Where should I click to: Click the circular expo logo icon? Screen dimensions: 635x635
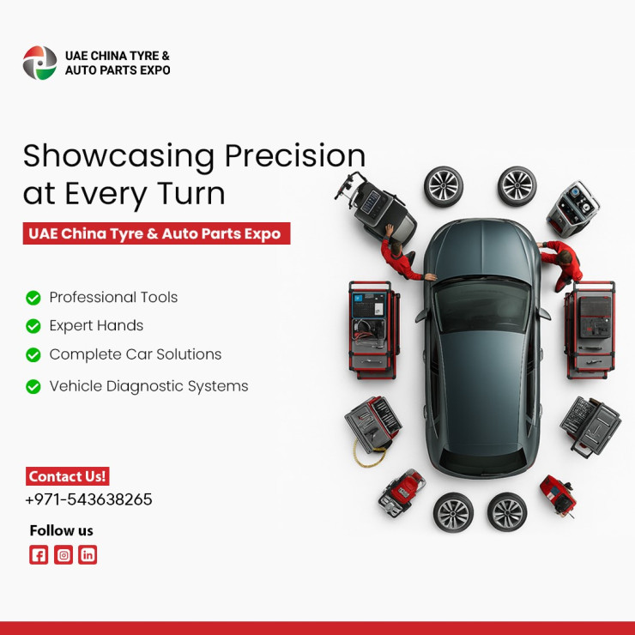[x=39, y=63]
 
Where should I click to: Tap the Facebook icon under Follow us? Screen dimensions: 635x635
[x=39, y=554]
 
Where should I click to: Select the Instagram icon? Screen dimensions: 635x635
[x=63, y=554]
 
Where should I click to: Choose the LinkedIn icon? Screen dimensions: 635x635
[x=88, y=554]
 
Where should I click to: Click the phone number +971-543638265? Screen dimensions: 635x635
[x=88, y=499]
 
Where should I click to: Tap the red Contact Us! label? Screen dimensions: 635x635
[x=68, y=476]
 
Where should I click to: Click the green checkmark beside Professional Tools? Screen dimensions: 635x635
[x=33, y=298]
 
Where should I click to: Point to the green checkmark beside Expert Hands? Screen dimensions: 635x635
[x=33, y=326]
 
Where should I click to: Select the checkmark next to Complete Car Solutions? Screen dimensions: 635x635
[x=33, y=354]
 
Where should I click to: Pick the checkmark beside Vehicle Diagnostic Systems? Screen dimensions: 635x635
[x=33, y=386]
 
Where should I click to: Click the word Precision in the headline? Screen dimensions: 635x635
[x=295, y=156]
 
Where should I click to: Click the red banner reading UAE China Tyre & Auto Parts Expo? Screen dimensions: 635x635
[x=156, y=233]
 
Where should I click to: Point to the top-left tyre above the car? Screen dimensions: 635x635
[x=444, y=186]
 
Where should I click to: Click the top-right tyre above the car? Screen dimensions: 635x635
[x=517, y=186]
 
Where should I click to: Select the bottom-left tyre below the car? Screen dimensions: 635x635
[x=453, y=512]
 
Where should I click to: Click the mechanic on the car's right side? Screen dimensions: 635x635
[x=561, y=264]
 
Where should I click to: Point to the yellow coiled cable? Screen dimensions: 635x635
[x=368, y=454]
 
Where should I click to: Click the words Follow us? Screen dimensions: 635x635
[x=62, y=530]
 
